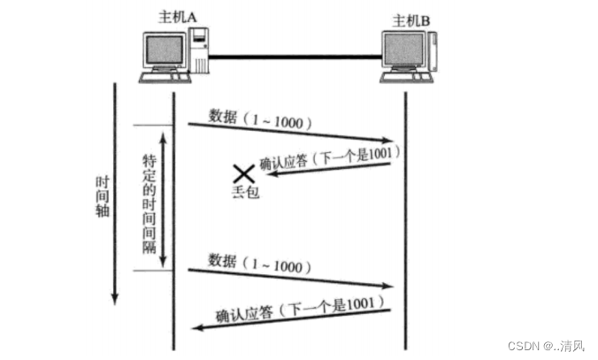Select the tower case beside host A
(x=200, y=52)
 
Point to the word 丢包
(x=243, y=190)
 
